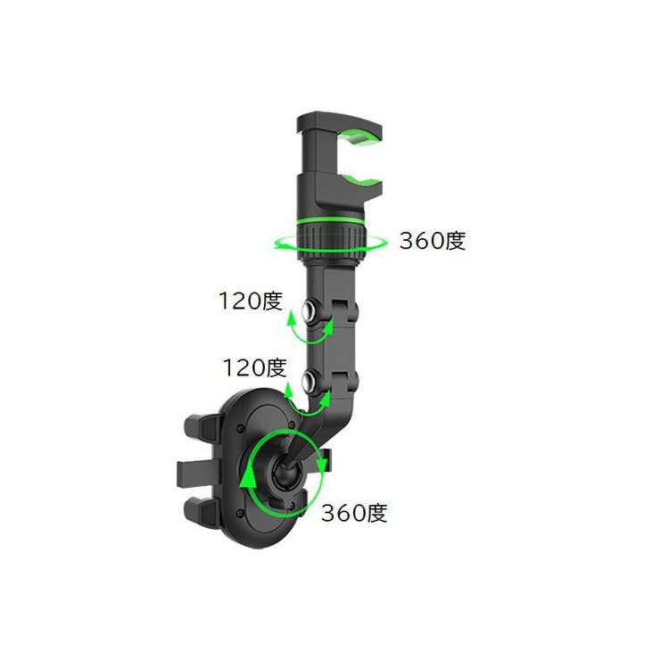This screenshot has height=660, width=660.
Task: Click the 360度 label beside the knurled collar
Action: coord(433,241)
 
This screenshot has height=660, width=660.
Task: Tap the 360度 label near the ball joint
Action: coord(354,513)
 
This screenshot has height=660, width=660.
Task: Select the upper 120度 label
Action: coord(251,301)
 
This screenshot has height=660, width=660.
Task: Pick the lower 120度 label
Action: coord(255,367)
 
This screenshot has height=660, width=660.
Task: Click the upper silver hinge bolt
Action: coord(311,311)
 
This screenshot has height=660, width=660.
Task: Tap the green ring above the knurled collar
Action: coord(330,222)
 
